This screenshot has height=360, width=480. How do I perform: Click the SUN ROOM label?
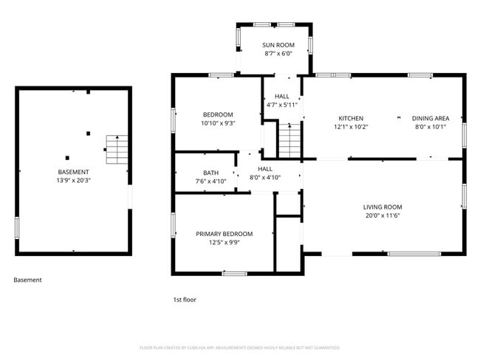pyautogui.click(x=278, y=45)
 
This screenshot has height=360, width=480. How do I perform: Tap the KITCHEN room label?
pyautogui.click(x=351, y=118)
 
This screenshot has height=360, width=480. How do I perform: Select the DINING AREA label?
pyautogui.click(x=430, y=118)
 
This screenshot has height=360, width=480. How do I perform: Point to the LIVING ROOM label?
pyautogui.click(x=382, y=207)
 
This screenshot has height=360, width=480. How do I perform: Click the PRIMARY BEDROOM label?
pyautogui.click(x=224, y=234)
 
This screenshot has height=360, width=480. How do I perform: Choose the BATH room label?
pyautogui.click(x=190, y=173)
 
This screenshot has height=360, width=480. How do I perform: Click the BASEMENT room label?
pyautogui.click(x=73, y=171)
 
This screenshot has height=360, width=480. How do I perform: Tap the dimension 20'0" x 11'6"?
pyautogui.click(x=382, y=215)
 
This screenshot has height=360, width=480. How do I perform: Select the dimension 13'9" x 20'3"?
pyautogui.click(x=73, y=180)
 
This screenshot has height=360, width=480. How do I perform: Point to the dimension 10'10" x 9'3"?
pyautogui.click(x=218, y=123)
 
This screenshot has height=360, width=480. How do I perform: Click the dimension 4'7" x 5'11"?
pyautogui.click(x=282, y=105)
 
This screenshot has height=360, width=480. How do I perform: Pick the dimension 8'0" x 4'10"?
pyautogui.click(x=265, y=177)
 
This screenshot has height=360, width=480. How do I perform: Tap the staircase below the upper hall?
pyautogui.click(x=289, y=141)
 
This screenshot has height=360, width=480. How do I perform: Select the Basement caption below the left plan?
pyautogui.click(x=27, y=280)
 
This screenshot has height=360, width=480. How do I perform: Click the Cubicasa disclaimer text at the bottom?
pyautogui.click(x=239, y=347)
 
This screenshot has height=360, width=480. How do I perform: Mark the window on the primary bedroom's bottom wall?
pyautogui.click(x=234, y=274)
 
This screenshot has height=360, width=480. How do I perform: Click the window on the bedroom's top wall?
pyautogui.click(x=221, y=75)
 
